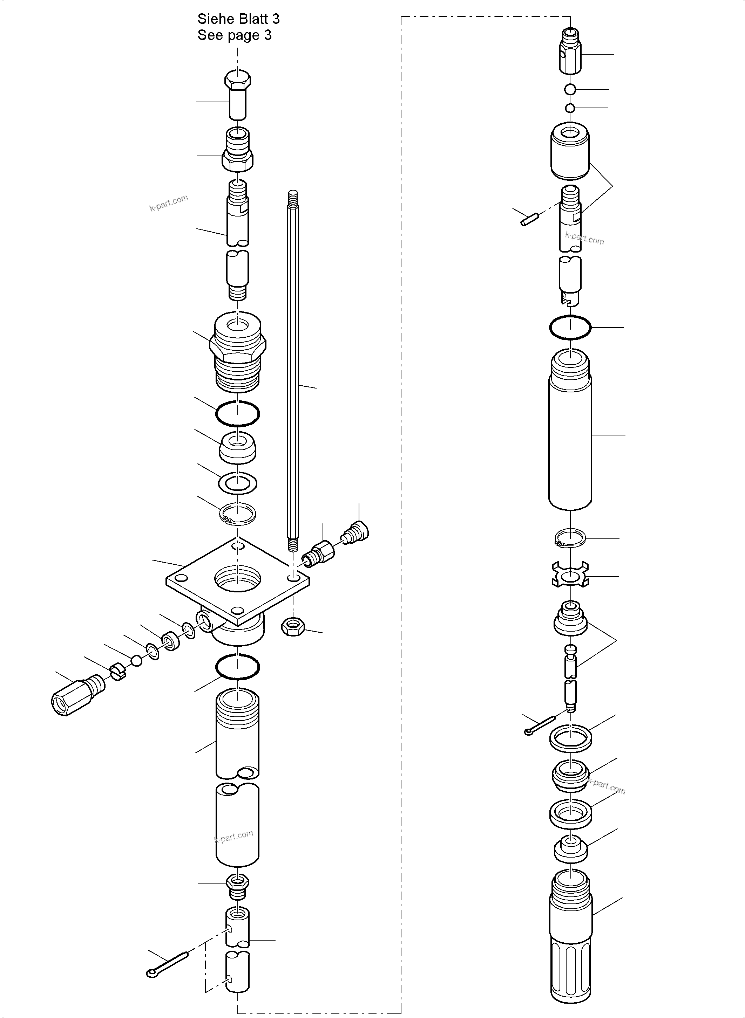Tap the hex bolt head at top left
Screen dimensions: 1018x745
point(238,81)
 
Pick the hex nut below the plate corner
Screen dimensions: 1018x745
point(293,626)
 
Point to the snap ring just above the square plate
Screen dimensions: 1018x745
point(238,514)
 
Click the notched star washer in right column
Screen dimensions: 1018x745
point(570,576)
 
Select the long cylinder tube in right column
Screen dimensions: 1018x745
point(570,433)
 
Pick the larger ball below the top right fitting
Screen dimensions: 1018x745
point(570,89)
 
